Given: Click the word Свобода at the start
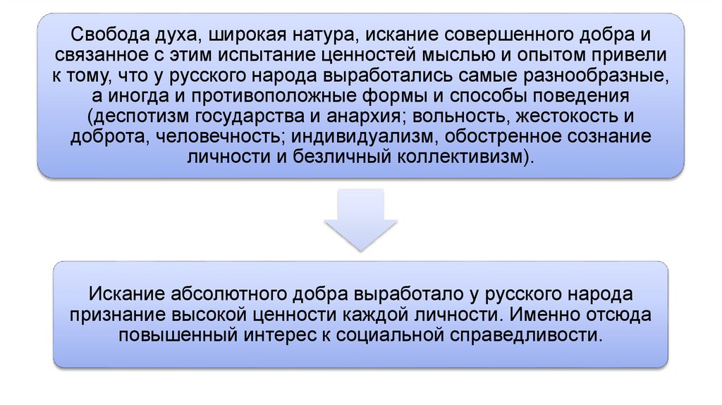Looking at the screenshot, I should pos(98,35).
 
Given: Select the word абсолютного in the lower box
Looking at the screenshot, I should pos(231,293).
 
